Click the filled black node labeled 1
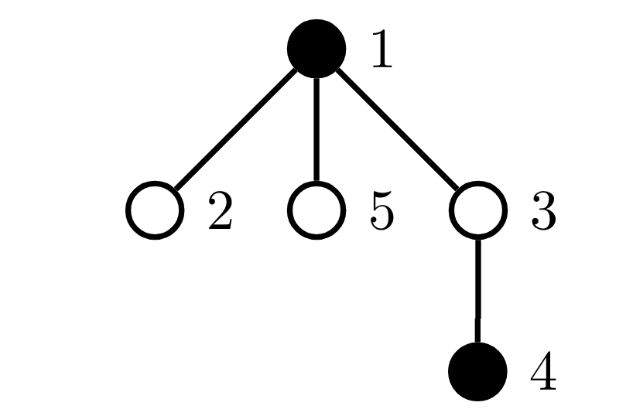(316, 49)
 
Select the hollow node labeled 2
(155, 210)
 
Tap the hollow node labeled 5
(316, 210)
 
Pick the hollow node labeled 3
(478, 210)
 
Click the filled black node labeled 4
(478, 372)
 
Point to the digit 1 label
(382, 49)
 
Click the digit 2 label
(221, 210)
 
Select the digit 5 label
(382, 211)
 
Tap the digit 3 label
(544, 211)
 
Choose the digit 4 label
(544, 372)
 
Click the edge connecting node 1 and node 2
(236, 129)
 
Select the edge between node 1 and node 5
(316, 129)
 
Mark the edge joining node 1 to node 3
(397, 129)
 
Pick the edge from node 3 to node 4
(478, 291)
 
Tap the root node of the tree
(316, 49)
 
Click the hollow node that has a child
(478, 210)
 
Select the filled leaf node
(478, 372)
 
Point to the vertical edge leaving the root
(316, 129)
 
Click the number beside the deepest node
(544, 372)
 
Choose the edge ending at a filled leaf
(478, 291)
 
